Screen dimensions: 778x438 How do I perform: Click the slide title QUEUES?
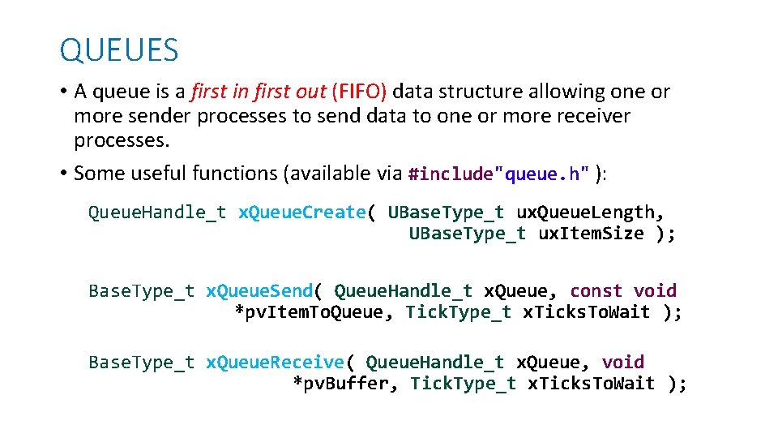[x=119, y=50]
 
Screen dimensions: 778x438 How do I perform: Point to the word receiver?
[x=590, y=116]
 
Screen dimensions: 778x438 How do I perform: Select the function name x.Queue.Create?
[x=301, y=213]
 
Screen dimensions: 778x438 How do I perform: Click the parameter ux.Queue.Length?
[x=591, y=213]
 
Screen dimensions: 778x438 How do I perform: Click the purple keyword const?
[x=596, y=290]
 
